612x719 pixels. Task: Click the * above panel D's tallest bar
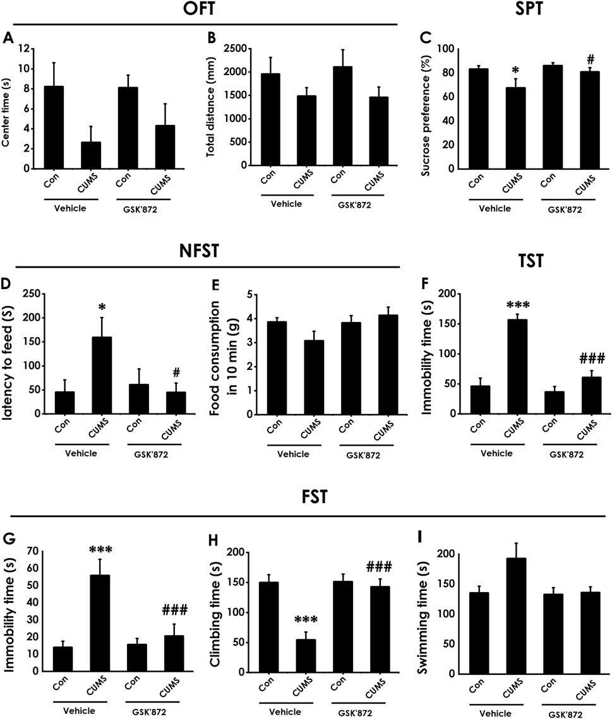101,307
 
